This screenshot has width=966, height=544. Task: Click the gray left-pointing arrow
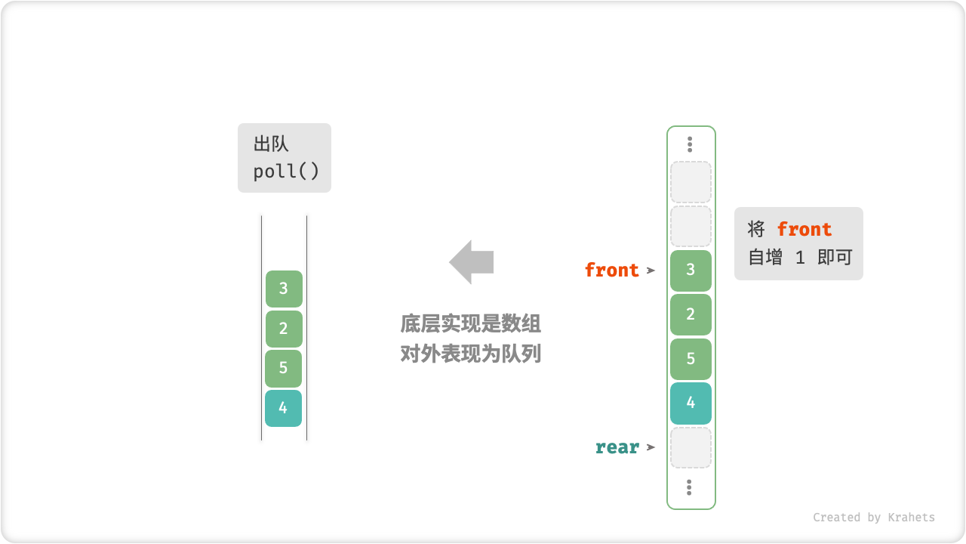coord(472,262)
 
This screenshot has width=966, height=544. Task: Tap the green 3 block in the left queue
coord(284,289)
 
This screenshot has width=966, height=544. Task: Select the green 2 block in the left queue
coord(284,329)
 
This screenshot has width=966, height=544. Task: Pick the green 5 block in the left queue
coord(284,369)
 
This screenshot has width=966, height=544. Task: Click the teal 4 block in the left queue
coord(284,408)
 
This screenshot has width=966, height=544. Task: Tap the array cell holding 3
coord(691,270)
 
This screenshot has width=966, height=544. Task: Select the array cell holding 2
coord(691,314)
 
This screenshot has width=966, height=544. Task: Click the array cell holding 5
coord(691,359)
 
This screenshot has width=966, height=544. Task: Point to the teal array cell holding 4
coord(691,403)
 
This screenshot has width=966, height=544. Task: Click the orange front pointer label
coord(611,270)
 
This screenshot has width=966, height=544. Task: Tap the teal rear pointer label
coord(617,447)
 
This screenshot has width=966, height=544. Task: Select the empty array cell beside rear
coord(691,448)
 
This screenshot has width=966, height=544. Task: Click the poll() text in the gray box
coord(286,172)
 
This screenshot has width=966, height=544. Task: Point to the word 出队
coord(272,144)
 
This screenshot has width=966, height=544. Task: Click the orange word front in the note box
coord(804,230)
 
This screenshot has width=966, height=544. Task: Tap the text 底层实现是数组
coord(470,325)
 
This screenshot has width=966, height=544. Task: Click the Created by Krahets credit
coord(873,518)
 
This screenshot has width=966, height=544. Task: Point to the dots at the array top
coord(690,144)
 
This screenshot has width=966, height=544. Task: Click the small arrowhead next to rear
coord(651,447)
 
